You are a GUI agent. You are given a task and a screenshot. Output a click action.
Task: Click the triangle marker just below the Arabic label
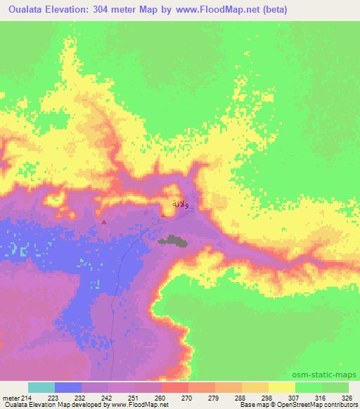163,216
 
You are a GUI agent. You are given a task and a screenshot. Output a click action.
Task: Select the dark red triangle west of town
105,222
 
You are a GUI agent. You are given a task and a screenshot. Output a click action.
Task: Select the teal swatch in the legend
41,388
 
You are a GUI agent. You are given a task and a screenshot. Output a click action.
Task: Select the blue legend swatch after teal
68,388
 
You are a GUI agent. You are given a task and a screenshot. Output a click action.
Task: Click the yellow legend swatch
282,388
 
